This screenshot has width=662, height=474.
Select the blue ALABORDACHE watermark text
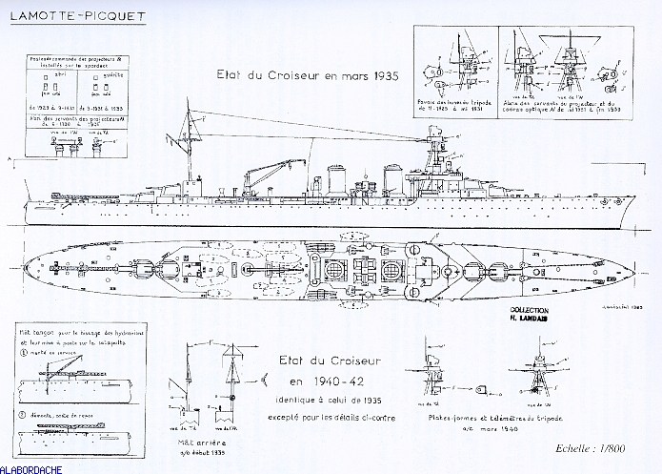tap(33, 468)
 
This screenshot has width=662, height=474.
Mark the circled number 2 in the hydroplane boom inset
tap(23, 414)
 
